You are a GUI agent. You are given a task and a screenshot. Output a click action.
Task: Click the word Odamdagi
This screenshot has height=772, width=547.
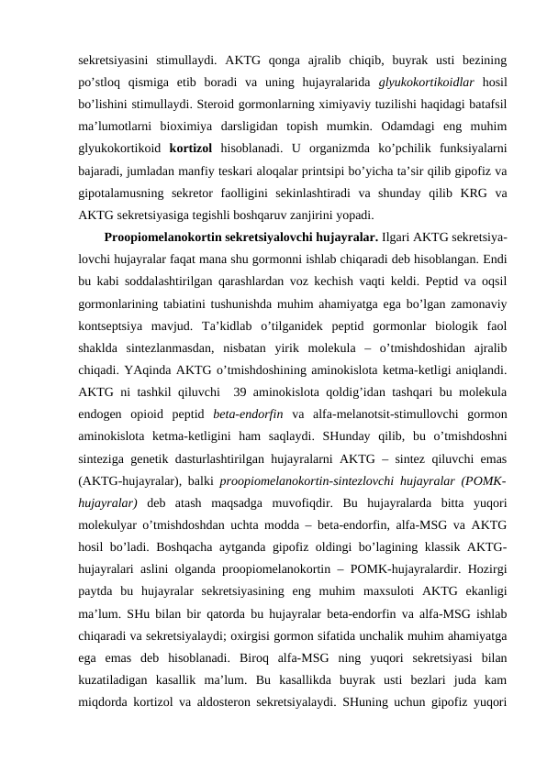396,125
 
